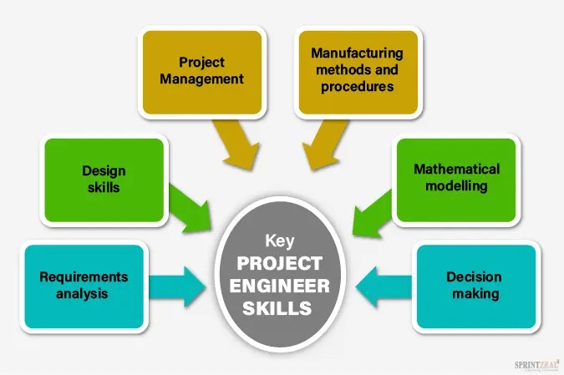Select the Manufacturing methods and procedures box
pyautogui.click(x=357, y=70)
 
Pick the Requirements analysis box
pyautogui.click(x=84, y=285)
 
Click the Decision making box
pyautogui.click(x=473, y=285)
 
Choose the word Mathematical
pyautogui.click(x=456, y=169)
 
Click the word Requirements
pyautogui.click(x=84, y=276)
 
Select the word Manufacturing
pyautogui.click(x=357, y=53)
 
